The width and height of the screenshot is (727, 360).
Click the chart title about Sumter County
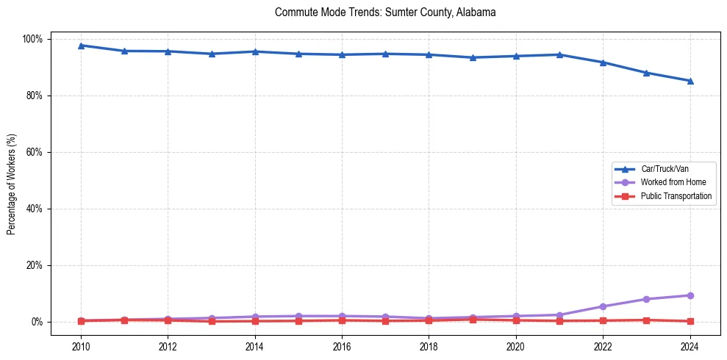(385, 12)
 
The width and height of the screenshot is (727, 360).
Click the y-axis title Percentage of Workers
(12, 180)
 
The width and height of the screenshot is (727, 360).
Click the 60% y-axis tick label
(35, 152)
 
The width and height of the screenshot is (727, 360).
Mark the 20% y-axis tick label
(35, 265)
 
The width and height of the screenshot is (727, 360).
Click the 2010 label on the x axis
(81, 345)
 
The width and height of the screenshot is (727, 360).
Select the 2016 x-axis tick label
(342, 345)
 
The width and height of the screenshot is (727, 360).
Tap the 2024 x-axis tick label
(690, 345)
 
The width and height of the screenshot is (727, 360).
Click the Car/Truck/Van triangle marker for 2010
(81, 46)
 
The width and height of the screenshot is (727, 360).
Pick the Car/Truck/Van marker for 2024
(690, 81)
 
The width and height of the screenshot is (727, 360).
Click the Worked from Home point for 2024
(690, 295)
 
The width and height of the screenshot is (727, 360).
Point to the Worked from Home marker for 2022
(603, 306)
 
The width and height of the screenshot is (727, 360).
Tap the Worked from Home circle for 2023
(646, 299)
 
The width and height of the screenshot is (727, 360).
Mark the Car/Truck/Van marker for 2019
(473, 57)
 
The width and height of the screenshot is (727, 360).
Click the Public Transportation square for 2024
(690, 321)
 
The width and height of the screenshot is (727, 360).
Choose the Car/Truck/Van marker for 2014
(255, 51)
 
